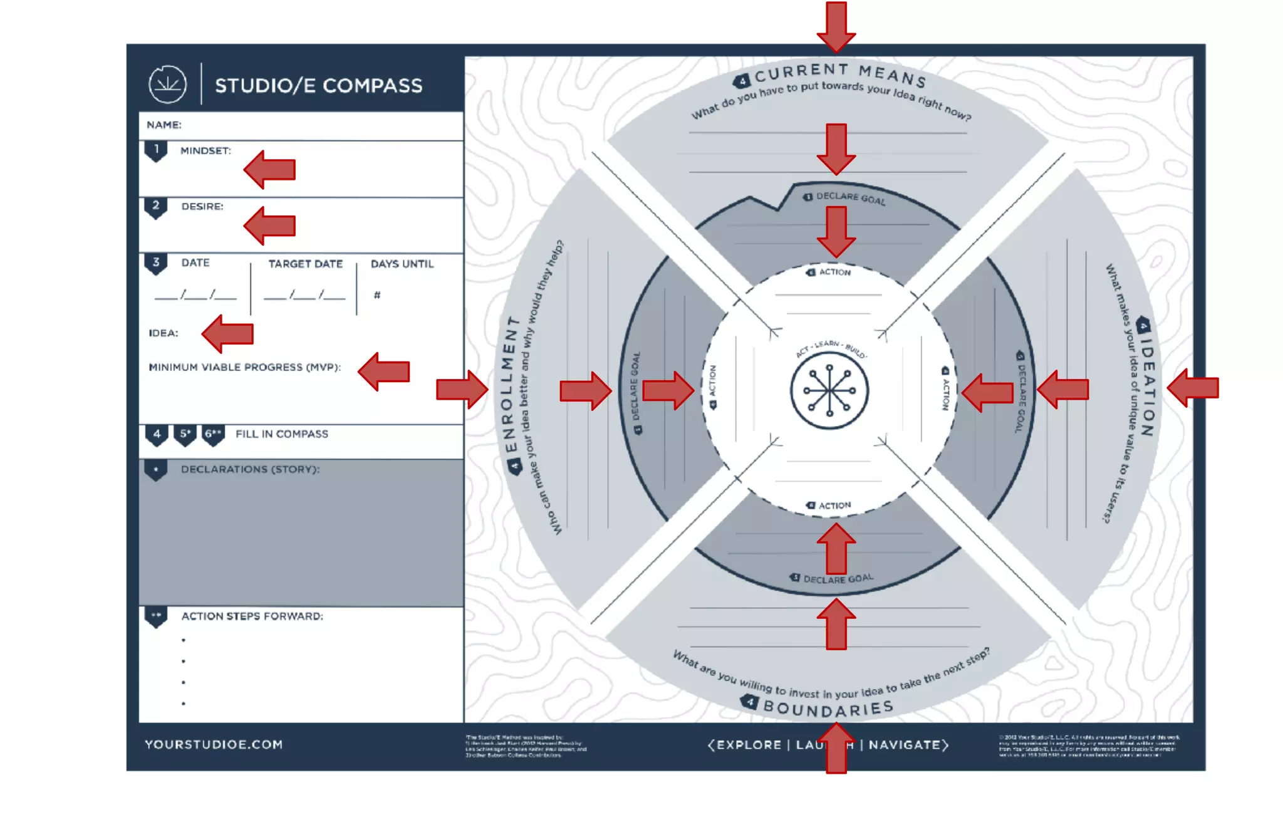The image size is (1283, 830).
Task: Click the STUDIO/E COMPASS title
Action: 318,85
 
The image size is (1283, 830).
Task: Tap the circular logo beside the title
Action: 167,84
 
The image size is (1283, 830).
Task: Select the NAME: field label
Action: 164,125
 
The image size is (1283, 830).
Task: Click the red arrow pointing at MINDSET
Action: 270,169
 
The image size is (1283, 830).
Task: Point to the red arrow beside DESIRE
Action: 270,226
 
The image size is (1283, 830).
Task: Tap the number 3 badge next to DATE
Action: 156,262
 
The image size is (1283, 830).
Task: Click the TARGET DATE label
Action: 306,264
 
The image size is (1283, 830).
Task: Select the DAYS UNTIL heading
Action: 402,264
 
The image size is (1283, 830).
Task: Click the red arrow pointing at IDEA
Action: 228,334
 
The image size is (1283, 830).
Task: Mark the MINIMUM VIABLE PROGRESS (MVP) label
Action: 245,367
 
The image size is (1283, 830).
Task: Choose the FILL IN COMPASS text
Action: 282,434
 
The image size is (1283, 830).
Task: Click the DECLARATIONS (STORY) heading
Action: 250,469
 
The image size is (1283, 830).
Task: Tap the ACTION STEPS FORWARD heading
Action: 252,616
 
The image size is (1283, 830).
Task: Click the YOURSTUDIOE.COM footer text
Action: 214,745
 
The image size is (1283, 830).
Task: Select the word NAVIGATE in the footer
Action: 905,745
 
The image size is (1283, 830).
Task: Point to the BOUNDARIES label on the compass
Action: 828,708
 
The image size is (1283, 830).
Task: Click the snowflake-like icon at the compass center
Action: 829,390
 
